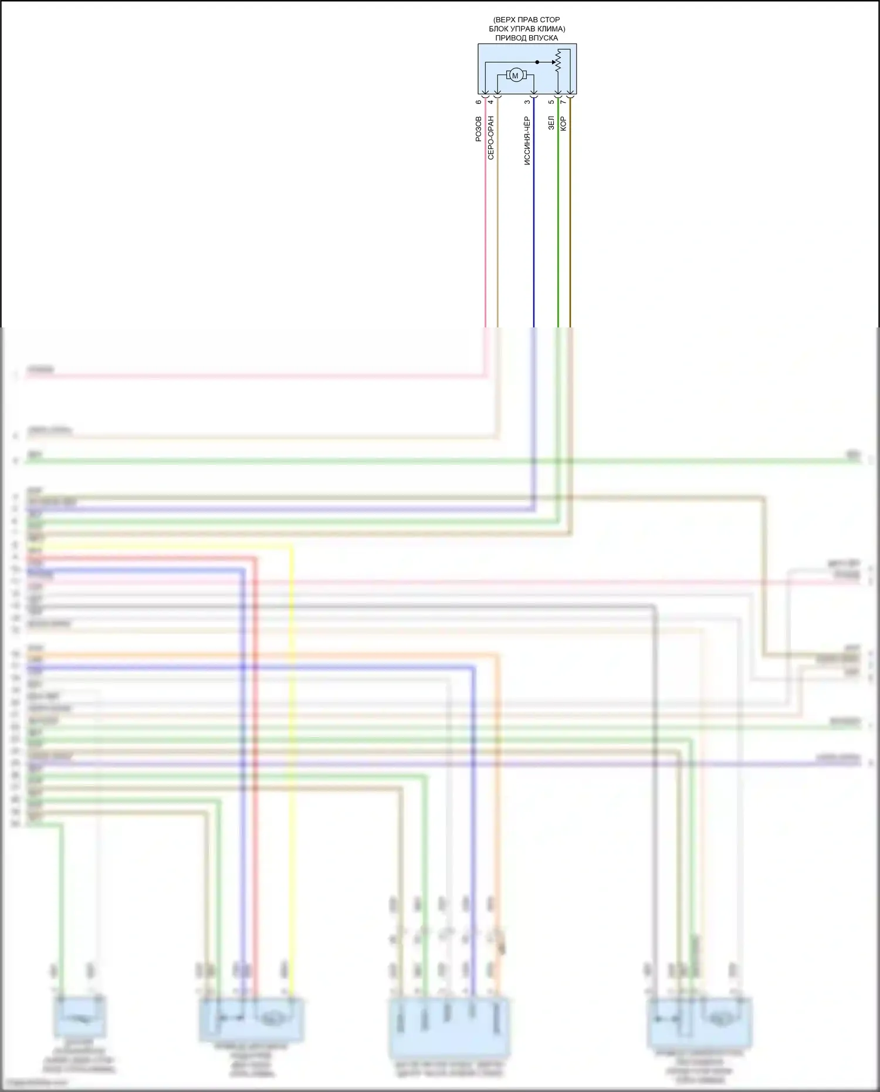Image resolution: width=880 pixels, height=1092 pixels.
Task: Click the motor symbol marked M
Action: (x=515, y=75)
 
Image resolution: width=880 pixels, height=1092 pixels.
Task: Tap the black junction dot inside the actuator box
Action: (x=537, y=62)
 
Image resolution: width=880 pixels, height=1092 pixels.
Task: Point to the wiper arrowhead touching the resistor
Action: (x=553, y=62)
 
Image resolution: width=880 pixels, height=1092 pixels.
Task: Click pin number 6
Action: (x=479, y=102)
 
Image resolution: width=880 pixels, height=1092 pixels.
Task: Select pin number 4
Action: (x=491, y=102)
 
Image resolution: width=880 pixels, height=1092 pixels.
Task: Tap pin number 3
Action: (x=527, y=102)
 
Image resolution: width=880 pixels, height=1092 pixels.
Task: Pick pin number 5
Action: (x=551, y=102)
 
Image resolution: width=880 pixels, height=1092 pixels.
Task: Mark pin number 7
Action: (x=563, y=102)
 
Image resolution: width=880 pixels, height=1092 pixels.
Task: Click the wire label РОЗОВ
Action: (x=479, y=129)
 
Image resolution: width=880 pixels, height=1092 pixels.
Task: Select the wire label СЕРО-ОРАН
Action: (x=491, y=138)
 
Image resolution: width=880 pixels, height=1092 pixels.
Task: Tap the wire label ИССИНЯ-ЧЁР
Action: (x=527, y=141)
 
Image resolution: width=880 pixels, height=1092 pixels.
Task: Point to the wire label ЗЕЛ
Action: (x=551, y=123)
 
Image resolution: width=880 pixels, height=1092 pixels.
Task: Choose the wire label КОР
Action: (x=563, y=123)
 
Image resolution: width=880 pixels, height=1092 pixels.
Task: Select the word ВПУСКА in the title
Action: (x=544, y=38)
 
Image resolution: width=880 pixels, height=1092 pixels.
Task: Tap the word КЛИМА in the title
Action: (x=550, y=29)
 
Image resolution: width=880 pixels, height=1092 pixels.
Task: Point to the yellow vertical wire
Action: (x=292, y=763)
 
